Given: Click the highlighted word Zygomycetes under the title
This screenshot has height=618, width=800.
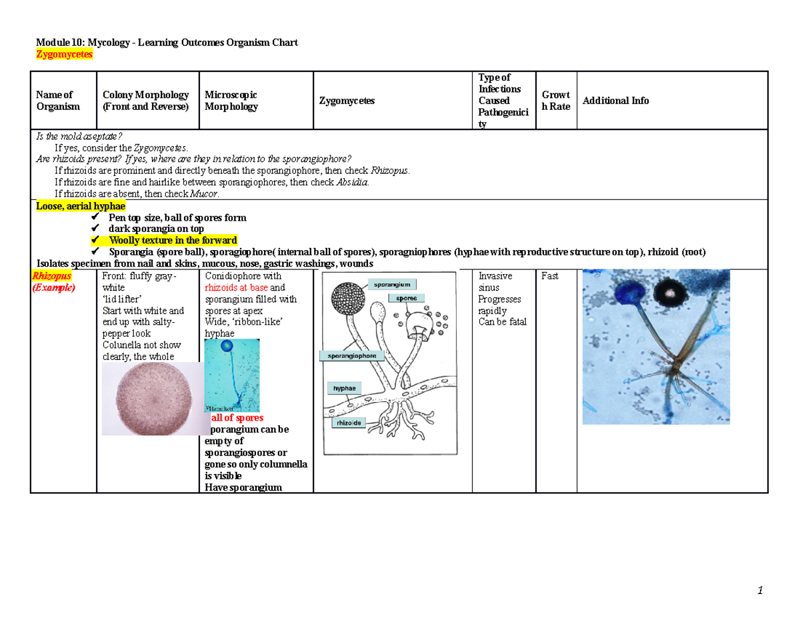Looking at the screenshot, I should [64, 55].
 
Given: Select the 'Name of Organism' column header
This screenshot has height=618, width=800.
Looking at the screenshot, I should [55, 101].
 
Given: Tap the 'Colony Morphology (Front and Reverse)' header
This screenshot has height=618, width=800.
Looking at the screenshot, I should [145, 101].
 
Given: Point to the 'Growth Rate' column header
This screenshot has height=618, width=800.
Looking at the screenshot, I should [556, 101].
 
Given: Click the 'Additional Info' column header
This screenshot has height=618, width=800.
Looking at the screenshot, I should [615, 101].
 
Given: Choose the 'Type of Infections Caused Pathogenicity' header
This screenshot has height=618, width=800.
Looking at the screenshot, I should [503, 101].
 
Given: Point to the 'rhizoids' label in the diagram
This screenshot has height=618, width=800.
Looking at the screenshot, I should [349, 423].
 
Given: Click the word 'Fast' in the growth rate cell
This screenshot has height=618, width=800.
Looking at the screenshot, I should [550, 276].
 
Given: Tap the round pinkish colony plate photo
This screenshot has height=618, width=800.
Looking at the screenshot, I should [151, 399].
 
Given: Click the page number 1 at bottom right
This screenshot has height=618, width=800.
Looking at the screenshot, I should [759, 591].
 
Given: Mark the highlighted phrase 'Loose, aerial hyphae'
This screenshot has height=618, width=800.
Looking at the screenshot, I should [80, 207].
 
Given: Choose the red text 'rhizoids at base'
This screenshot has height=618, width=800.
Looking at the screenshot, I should [237, 287].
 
